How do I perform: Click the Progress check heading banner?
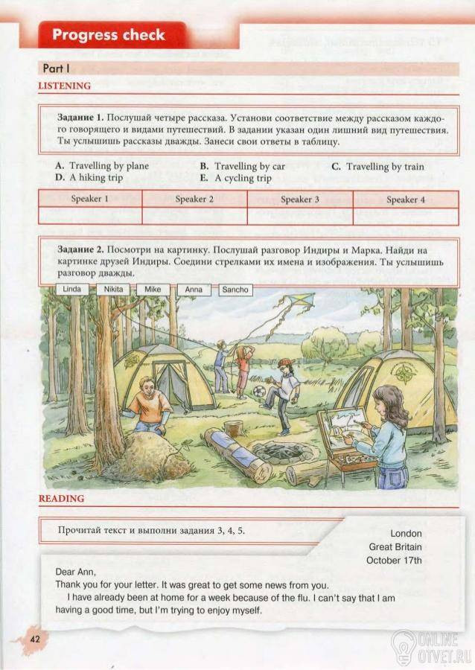tap(109, 35)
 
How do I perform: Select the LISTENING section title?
tap(64, 86)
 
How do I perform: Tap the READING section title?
tap(61, 498)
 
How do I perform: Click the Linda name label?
tap(71, 289)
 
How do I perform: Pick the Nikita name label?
tap(114, 289)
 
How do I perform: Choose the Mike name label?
tap(153, 289)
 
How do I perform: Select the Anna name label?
tap(194, 290)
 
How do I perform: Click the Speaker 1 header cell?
tap(90, 200)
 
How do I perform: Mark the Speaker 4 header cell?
tap(406, 200)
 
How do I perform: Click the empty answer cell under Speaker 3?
tap(300, 216)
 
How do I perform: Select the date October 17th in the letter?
tap(395, 560)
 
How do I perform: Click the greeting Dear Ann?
tap(76, 572)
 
